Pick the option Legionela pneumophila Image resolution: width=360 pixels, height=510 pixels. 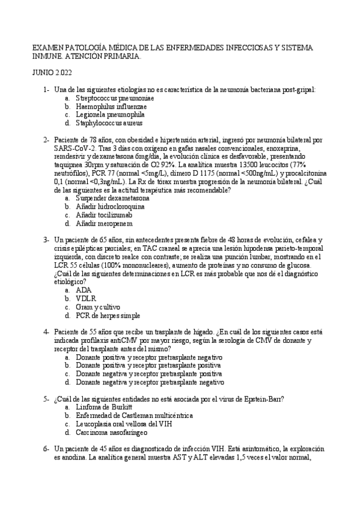click(x=109, y=114)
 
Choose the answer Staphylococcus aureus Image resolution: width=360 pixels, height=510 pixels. click(x=109, y=123)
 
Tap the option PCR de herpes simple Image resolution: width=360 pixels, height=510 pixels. click(x=108, y=315)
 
